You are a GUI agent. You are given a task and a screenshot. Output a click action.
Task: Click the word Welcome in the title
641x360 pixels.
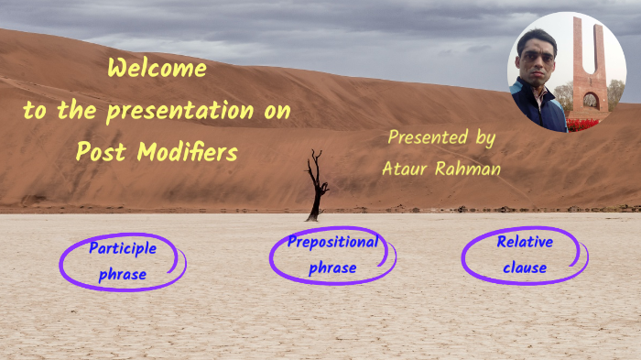pyautogui.click(x=157, y=69)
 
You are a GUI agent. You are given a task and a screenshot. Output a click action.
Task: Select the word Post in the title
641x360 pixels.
pyautogui.click(x=102, y=152)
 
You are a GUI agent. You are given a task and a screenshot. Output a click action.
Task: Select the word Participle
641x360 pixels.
pyautogui.click(x=123, y=247)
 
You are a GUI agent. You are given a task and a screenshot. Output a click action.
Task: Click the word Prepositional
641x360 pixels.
pyautogui.click(x=332, y=242)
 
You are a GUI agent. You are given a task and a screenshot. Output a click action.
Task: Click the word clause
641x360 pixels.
pyautogui.click(x=524, y=268)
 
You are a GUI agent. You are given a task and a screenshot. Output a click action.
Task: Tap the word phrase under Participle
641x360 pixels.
pyautogui.click(x=122, y=274)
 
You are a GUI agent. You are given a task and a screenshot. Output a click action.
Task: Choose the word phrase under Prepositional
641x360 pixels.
pyautogui.click(x=332, y=268)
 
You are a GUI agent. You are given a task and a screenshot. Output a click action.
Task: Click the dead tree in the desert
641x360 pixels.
pyautogui.click(x=317, y=187)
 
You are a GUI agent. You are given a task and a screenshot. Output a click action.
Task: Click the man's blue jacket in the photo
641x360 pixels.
pyautogui.click(x=540, y=105)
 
